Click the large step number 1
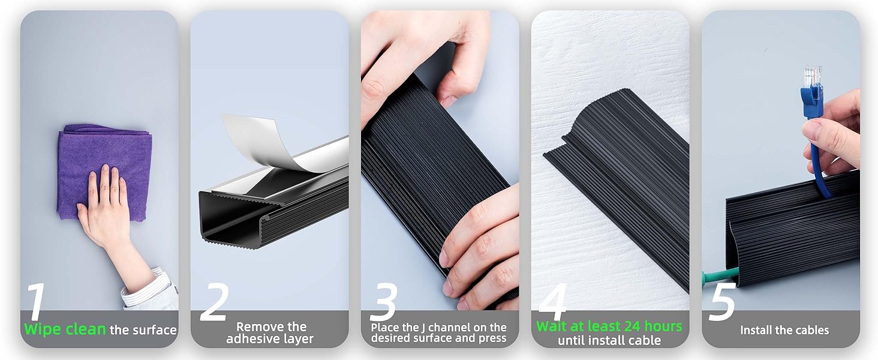pyautogui.click(x=36, y=301)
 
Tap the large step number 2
pyautogui.click(x=215, y=302)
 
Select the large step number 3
pyautogui.click(x=383, y=302)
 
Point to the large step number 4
pyautogui.click(x=554, y=302)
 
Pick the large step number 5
pyautogui.click(x=722, y=302)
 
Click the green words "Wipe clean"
pyautogui.click(x=65, y=329)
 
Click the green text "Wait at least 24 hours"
pyautogui.click(x=609, y=326)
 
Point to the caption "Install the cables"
pyautogui.click(x=784, y=330)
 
